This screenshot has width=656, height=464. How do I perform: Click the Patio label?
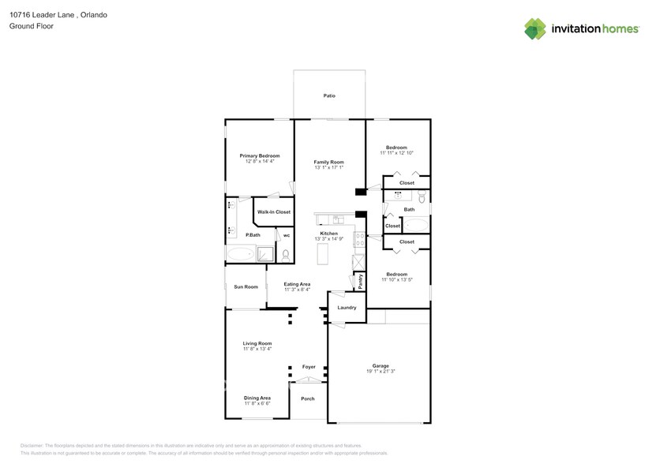(329, 95)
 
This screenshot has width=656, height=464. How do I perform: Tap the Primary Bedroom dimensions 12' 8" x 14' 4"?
(260, 161)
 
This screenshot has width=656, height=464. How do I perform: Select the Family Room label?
(329, 161)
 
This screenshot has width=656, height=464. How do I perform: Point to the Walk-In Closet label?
(274, 211)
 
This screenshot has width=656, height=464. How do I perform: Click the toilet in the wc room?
(285, 254)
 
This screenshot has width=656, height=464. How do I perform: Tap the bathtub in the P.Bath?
(241, 254)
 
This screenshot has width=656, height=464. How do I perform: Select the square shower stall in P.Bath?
(267, 254)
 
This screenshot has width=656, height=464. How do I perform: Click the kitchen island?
(322, 254)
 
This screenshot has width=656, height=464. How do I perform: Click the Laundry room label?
(347, 307)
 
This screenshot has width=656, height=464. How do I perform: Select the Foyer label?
(309, 367)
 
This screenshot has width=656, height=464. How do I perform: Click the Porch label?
(308, 399)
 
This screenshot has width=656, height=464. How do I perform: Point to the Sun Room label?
(246, 286)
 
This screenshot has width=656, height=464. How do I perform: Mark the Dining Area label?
(257, 398)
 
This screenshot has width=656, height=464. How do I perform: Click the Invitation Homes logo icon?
(535, 28)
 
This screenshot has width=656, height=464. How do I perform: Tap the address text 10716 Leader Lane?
(43, 15)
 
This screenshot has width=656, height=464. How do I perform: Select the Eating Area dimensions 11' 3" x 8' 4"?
(298, 290)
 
